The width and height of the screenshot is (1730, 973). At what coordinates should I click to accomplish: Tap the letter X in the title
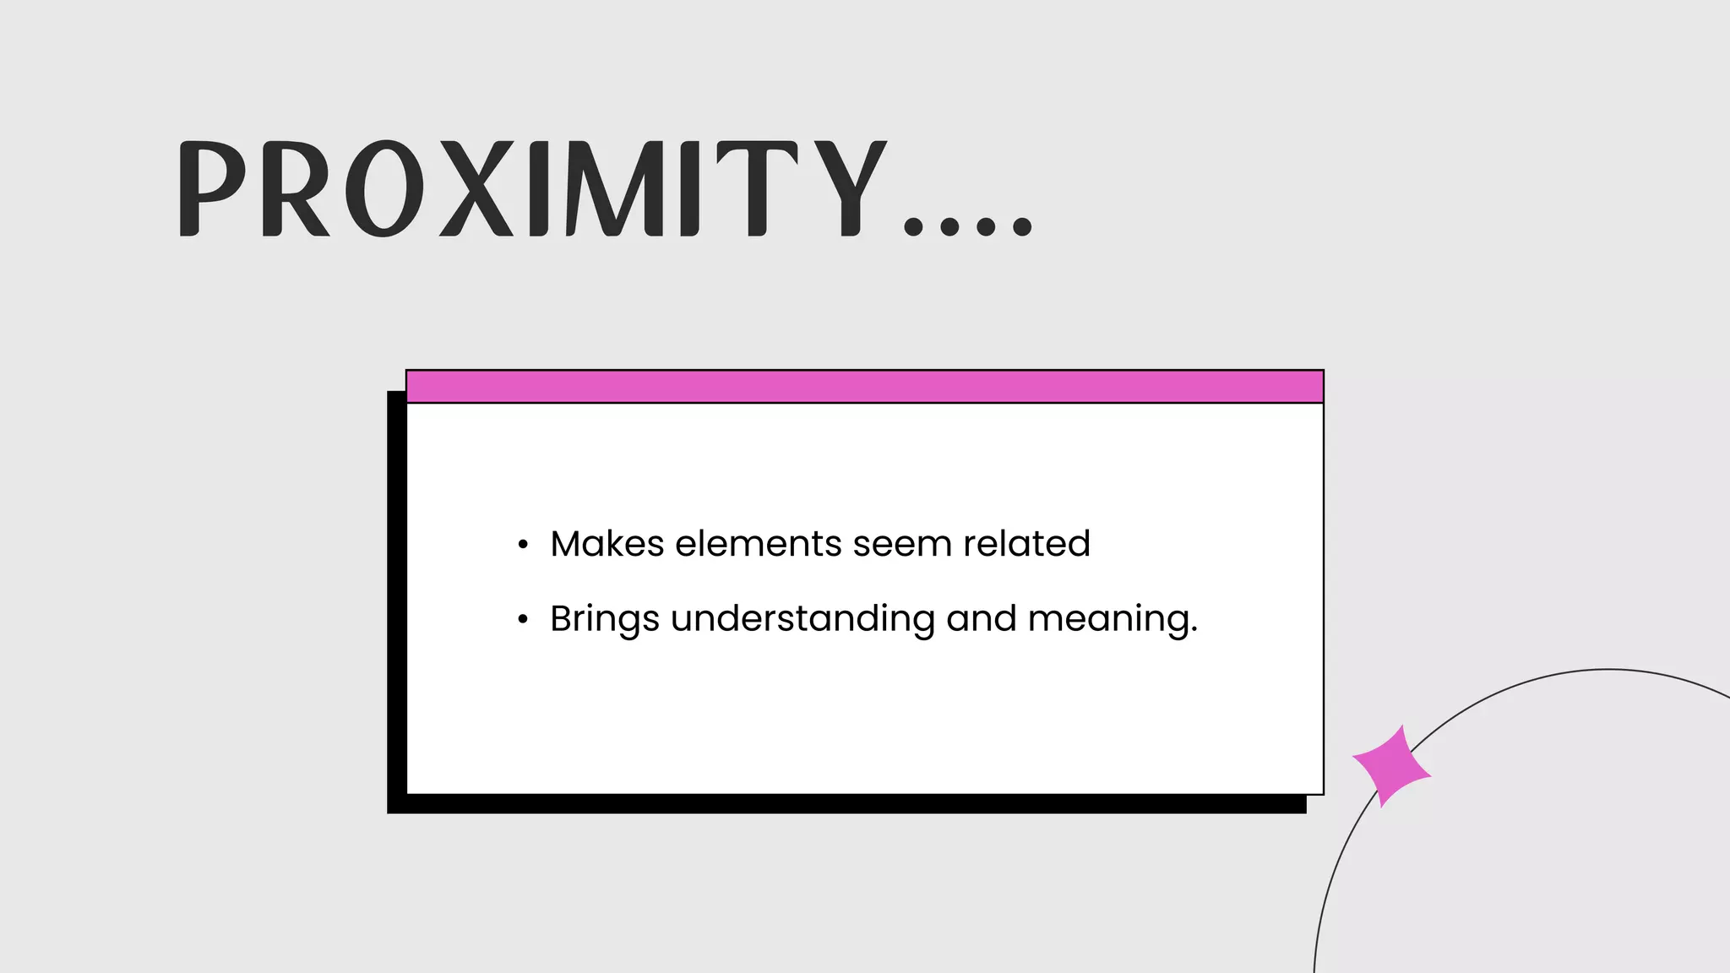click(x=476, y=188)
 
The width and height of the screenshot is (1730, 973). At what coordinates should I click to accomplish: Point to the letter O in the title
click(x=384, y=188)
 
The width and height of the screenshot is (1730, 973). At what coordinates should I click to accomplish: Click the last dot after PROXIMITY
click(x=1022, y=226)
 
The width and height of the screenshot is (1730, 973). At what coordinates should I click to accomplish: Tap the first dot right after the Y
click(x=913, y=226)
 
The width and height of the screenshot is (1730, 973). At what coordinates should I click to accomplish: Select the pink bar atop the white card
click(x=864, y=387)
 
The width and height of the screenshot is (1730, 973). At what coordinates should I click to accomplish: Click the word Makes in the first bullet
click(x=607, y=544)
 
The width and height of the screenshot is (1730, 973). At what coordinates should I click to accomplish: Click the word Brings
click(x=604, y=619)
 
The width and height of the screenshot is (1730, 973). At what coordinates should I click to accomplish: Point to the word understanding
click(x=802, y=619)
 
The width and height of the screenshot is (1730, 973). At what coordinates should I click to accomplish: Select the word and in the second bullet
click(x=981, y=619)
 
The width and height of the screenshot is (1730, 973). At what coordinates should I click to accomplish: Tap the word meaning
click(x=1112, y=619)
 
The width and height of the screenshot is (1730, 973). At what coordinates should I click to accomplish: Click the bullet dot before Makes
click(x=523, y=545)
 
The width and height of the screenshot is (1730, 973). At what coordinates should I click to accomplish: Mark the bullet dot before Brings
click(x=523, y=620)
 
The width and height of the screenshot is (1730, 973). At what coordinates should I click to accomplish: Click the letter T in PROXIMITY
click(x=757, y=188)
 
